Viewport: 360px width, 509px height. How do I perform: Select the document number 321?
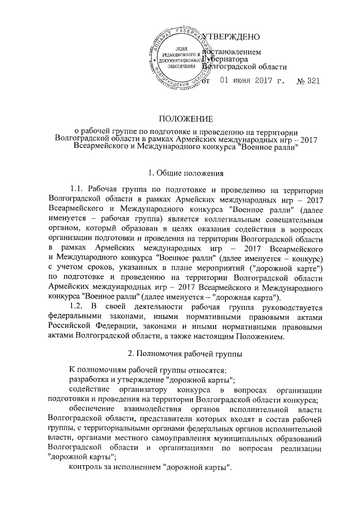312,81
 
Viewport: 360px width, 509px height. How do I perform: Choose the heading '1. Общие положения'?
186,173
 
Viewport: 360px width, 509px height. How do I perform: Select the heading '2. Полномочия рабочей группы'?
186,354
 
